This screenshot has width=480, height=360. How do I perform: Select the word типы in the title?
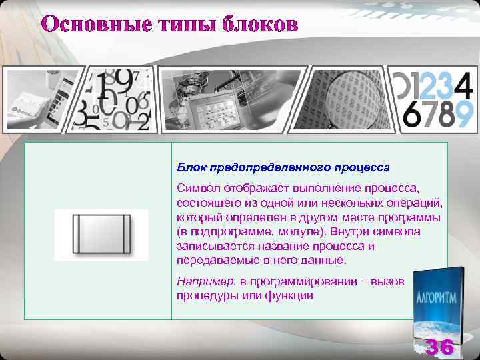click(175, 25)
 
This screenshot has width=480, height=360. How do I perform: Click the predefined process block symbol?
click(101, 234)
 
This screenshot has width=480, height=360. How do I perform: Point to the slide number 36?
click(440, 347)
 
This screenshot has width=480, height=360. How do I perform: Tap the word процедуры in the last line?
click(207, 295)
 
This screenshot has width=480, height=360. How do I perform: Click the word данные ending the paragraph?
click(323, 259)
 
